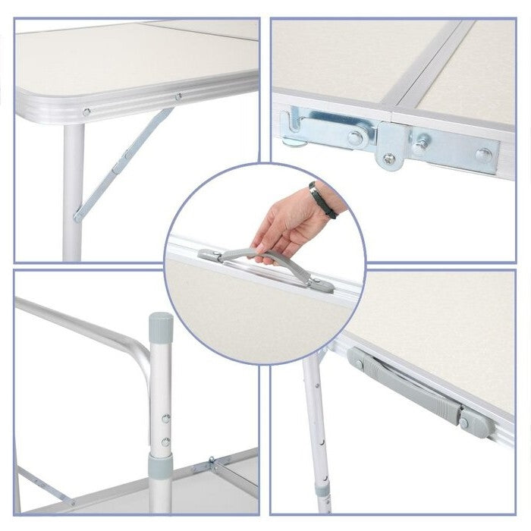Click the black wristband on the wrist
322,200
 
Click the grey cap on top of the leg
160,325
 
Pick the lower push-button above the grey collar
165,440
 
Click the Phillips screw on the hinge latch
389,158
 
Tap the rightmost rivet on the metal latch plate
483,155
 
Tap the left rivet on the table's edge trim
86,112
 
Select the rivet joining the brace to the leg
78,218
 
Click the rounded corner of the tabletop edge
27,99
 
